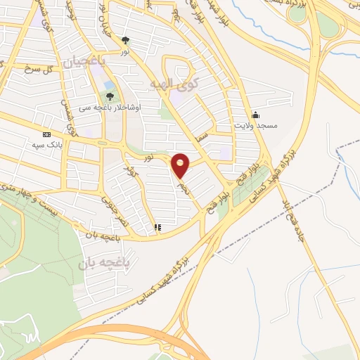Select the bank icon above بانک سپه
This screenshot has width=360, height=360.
[x=46, y=134]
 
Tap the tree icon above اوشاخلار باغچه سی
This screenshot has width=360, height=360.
[x=109, y=96]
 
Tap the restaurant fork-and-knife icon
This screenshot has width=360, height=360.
[x=157, y=227]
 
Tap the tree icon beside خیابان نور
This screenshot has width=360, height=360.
[x=125, y=41]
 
